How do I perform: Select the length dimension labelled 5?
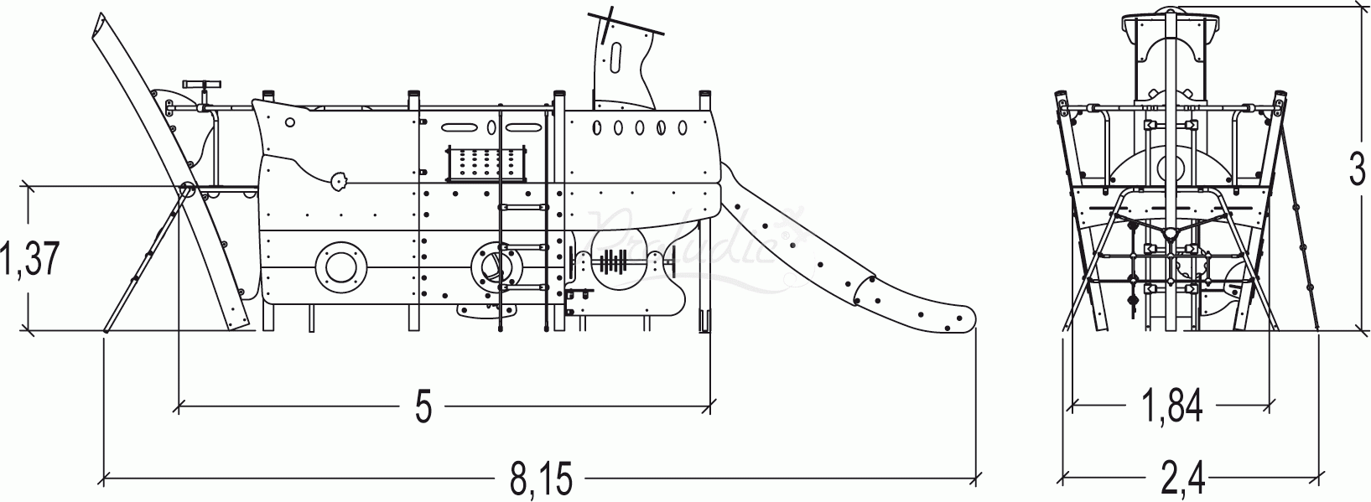click(x=423, y=407)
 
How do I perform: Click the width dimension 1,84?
click(x=1171, y=407)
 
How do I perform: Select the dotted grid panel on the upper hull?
click(x=487, y=163)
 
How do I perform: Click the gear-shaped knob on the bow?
click(x=340, y=179)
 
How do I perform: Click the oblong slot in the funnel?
click(x=616, y=60)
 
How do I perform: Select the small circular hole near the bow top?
click(x=290, y=122)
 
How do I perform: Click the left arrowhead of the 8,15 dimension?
click(x=106, y=480)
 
